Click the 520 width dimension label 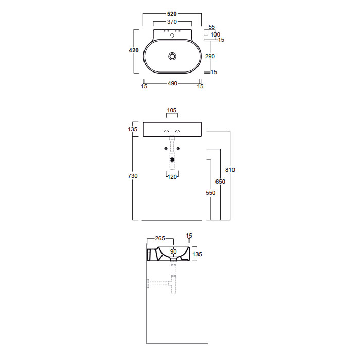click(x=172, y=14)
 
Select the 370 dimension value click(x=172, y=22)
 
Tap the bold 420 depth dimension click(x=134, y=50)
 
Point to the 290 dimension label click(x=210, y=56)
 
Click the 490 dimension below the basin click(x=172, y=83)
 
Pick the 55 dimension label click(x=212, y=27)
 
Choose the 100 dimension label click(x=215, y=34)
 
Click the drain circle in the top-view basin click(x=172, y=56)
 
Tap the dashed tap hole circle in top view click(x=172, y=35)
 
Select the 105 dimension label click(x=172, y=110)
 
